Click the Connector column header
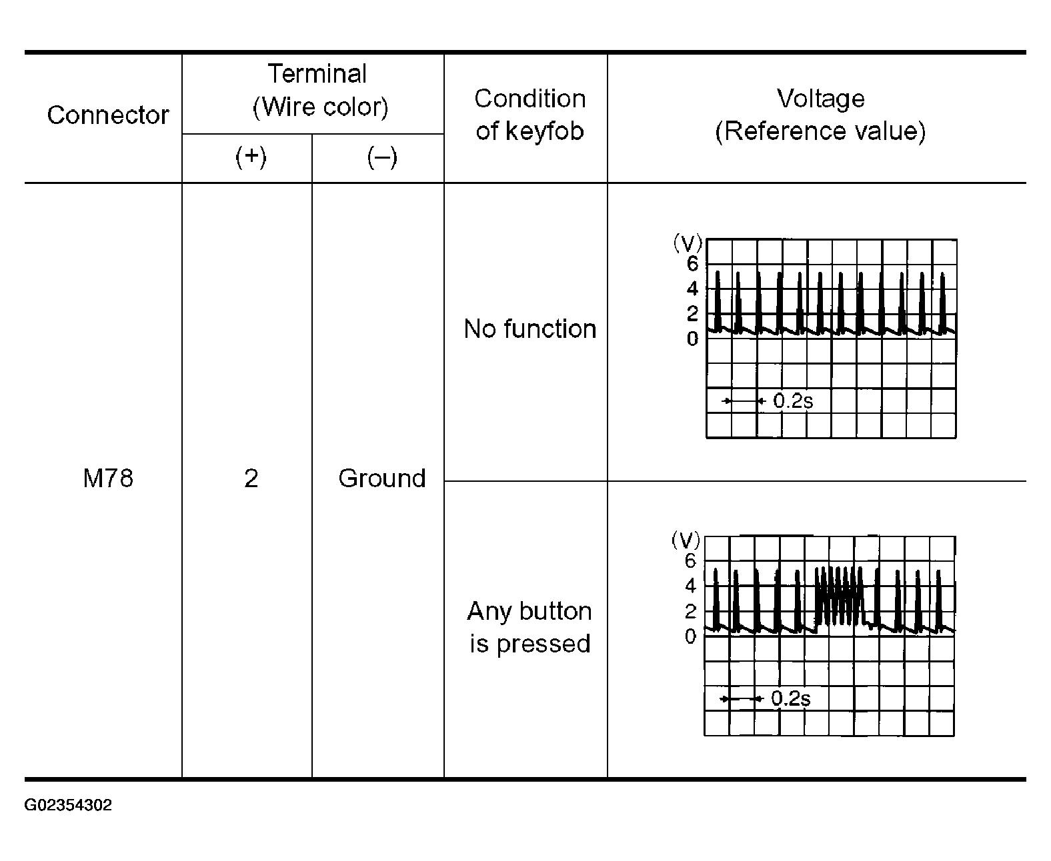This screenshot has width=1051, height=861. click(x=108, y=115)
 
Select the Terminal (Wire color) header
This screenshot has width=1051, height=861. click(x=319, y=91)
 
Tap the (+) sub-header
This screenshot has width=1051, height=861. click(x=251, y=157)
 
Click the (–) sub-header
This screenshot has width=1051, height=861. click(x=381, y=157)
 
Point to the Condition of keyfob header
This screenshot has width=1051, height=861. click(x=530, y=115)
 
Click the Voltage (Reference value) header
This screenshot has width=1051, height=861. click(x=820, y=115)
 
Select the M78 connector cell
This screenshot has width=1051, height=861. click(x=108, y=478)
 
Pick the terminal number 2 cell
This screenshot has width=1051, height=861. click(x=251, y=478)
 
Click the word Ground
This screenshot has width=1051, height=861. click(x=381, y=478)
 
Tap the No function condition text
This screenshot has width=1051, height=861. click(x=530, y=329)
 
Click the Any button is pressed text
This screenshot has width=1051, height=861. click(x=530, y=627)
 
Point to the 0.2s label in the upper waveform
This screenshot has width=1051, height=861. click(x=793, y=401)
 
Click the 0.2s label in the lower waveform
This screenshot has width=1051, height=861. click(x=791, y=698)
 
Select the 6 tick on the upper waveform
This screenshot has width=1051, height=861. click(x=692, y=264)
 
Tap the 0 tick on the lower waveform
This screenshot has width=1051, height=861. click(x=690, y=636)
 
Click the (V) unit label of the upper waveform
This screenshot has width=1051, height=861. click(x=687, y=243)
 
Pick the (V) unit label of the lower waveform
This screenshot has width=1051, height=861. click(x=686, y=540)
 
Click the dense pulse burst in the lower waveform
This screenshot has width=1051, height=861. click(x=838, y=596)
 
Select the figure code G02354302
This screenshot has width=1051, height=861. click(x=68, y=805)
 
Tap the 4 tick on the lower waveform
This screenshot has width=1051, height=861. click(x=690, y=586)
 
